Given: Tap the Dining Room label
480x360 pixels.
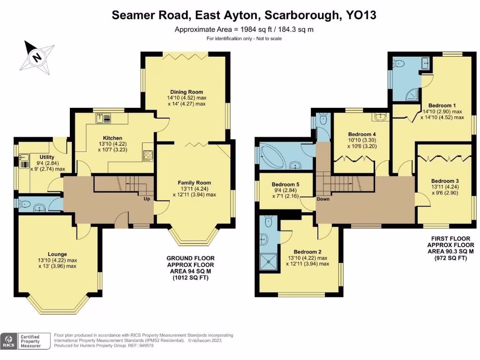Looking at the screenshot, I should point(187,92).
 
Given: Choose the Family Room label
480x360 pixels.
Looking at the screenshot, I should point(194,183).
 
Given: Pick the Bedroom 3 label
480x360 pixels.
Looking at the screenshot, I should point(444,181).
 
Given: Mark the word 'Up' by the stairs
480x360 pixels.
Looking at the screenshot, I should point(147,199).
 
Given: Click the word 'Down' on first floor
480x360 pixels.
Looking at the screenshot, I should point(323,199).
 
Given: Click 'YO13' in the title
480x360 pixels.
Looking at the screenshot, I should point(360,15).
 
